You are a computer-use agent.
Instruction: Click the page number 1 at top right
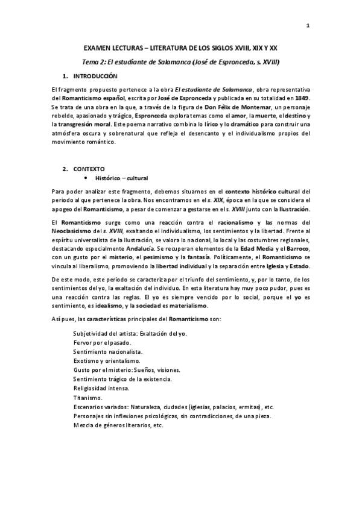point(308,26)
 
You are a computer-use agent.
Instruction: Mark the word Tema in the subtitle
point(91,62)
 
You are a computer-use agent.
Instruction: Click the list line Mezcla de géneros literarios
point(118,425)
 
